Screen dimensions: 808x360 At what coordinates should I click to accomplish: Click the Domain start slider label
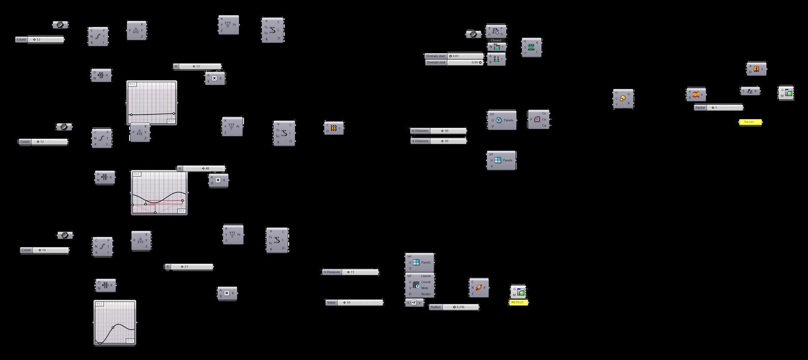tap(436, 56)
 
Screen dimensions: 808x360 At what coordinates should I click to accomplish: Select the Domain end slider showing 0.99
tap(465, 63)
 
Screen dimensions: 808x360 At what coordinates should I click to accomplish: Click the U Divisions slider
tap(448, 131)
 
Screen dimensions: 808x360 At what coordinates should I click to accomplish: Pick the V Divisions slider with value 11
tap(360, 272)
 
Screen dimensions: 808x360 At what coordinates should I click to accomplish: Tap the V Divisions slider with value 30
tap(448, 141)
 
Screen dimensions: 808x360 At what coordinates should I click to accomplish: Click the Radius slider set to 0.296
tap(460, 307)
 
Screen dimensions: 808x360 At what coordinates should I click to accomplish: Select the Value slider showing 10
tap(360, 303)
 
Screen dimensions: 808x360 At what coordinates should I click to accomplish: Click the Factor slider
tap(724, 108)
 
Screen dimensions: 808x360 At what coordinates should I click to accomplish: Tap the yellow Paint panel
tap(750, 122)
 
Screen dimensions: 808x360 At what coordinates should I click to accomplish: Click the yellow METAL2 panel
tap(518, 302)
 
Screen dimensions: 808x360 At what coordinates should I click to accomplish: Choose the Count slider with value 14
tap(50, 250)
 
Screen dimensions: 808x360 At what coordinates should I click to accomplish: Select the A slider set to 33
tap(200, 67)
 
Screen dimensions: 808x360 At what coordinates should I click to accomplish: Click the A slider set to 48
tap(204, 169)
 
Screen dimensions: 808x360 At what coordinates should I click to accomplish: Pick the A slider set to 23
tap(192, 267)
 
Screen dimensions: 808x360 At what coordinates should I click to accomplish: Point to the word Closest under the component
tap(496, 40)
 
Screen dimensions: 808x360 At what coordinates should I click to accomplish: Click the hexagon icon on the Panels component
tap(499, 120)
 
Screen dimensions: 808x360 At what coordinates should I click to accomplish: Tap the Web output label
tap(425, 288)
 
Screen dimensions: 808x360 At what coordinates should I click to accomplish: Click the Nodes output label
tap(426, 294)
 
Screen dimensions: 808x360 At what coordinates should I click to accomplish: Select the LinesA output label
tap(426, 276)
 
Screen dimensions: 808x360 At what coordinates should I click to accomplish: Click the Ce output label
tap(544, 119)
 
